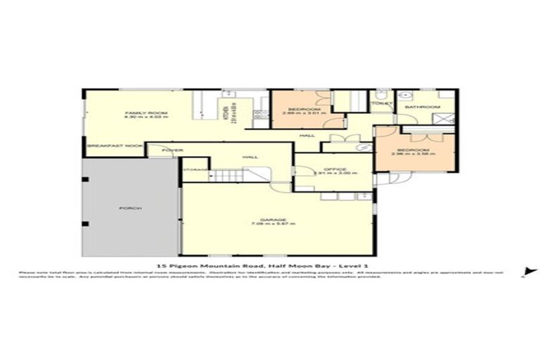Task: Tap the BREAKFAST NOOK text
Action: [x=114, y=146]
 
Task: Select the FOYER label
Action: [x=172, y=150]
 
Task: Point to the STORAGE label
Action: [x=196, y=169]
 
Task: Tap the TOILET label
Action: [x=381, y=103]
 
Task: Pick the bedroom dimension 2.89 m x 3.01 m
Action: [x=301, y=115]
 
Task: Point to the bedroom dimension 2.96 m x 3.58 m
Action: [x=415, y=155]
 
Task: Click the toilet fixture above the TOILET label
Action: [x=380, y=94]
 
